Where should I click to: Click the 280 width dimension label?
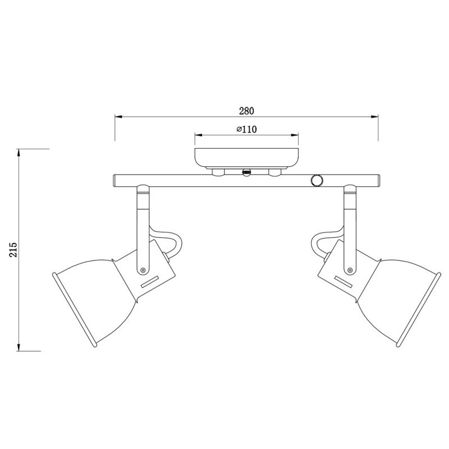246,111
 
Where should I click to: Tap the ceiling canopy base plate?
246,158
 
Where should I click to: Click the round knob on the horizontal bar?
317,180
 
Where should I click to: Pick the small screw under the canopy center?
246,172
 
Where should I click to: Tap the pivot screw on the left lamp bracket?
144,271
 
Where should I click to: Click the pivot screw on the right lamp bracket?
350,271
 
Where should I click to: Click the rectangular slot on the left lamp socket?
150,285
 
